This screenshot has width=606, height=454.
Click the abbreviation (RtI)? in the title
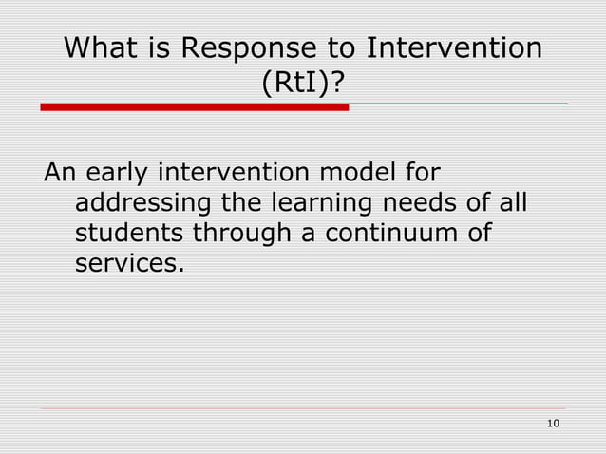(x=303, y=86)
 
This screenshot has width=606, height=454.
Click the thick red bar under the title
(x=194, y=107)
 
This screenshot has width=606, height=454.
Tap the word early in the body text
(x=118, y=176)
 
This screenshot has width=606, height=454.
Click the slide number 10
(x=556, y=423)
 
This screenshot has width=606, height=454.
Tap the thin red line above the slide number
(x=304, y=409)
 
